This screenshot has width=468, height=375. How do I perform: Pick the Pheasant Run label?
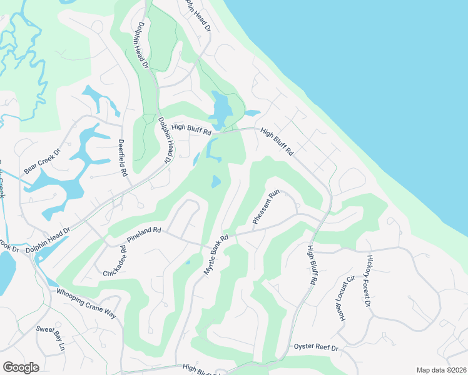(x=264, y=208)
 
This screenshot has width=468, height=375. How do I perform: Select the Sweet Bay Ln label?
(x=50, y=338)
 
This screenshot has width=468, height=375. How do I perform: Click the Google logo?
(x=21, y=367)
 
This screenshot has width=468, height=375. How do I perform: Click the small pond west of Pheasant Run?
(x=216, y=182)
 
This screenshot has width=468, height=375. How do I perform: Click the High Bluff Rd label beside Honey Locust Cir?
(x=310, y=266)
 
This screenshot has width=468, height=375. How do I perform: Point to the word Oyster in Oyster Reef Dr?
(x=306, y=347)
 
